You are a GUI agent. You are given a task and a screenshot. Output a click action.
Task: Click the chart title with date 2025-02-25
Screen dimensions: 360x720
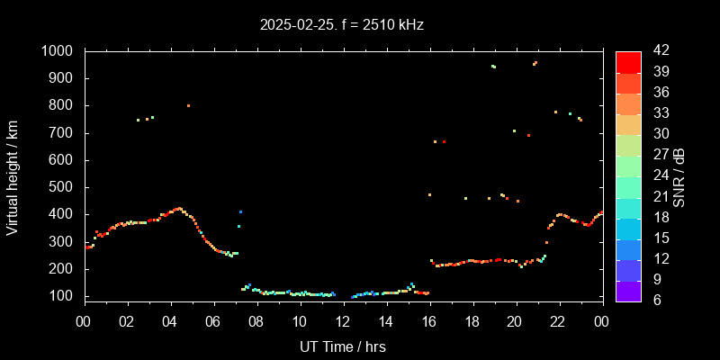(341, 24)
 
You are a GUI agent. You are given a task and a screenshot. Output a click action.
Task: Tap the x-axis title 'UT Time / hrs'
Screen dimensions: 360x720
(343, 346)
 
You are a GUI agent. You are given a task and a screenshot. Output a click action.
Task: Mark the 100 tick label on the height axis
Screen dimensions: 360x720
(65, 296)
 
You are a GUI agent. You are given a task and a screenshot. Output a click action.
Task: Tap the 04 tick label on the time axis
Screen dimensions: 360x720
(170, 321)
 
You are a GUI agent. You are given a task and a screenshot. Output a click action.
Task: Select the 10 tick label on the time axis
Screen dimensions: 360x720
(299, 321)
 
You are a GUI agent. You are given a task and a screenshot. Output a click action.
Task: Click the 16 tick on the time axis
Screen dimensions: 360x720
(428, 321)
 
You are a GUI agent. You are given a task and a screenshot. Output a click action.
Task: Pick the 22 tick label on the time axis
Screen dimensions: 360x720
(558, 321)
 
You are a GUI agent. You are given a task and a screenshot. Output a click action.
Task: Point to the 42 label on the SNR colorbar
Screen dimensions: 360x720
(655, 51)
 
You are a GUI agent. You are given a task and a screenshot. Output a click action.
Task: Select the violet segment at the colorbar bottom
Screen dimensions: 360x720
(628, 291)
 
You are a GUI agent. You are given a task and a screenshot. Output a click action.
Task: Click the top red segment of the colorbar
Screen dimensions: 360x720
(628, 61)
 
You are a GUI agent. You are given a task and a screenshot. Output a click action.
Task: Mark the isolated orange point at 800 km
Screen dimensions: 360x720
(188, 105)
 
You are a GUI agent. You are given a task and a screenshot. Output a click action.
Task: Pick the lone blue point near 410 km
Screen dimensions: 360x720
(240, 211)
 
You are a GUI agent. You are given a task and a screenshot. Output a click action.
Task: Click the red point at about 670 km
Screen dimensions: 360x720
(444, 141)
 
